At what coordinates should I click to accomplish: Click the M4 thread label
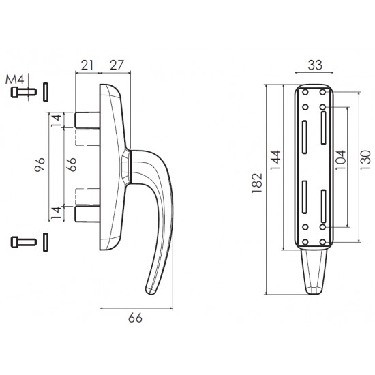tap(14, 79)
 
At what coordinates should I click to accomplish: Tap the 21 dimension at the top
tap(87, 65)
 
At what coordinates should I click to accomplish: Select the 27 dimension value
tap(117, 65)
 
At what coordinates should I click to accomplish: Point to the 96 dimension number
tap(40, 164)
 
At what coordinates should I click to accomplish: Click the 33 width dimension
tap(315, 65)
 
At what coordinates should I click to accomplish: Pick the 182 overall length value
tap(257, 183)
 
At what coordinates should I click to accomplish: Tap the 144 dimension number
tap(275, 160)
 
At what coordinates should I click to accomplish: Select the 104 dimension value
tap(340, 160)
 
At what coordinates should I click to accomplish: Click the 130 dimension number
tap(365, 160)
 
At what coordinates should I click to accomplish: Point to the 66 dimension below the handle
tap(135, 318)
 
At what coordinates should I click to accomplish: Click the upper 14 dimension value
tap(57, 121)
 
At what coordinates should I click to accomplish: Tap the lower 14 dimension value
tap(57, 213)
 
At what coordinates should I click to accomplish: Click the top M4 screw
tap(23, 92)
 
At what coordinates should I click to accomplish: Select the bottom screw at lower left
tap(23, 242)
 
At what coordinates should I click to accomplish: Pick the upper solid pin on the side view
tap(87, 120)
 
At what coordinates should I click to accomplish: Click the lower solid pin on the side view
tap(87, 213)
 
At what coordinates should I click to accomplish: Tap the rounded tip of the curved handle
tap(151, 290)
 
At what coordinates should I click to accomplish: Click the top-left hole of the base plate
tap(305, 92)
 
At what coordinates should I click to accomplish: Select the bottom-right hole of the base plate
tap(323, 242)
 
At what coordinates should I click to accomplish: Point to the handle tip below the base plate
tap(314, 272)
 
